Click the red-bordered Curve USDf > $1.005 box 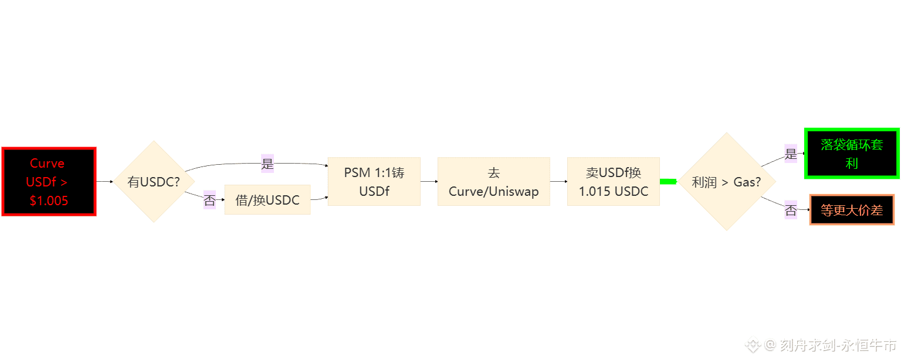[x=49, y=182]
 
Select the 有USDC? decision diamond [x=154, y=182]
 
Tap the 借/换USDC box [x=267, y=200]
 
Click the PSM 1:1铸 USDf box [x=374, y=182]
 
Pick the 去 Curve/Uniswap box [x=493, y=182]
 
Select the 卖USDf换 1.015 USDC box [x=613, y=182]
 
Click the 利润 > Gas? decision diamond [x=726, y=182]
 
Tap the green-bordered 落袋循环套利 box [x=852, y=154]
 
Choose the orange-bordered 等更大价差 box [x=852, y=210]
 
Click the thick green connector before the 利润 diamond [x=669, y=181]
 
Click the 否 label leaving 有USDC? [x=209, y=201]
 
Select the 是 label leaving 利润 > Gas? [x=791, y=154]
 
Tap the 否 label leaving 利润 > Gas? [x=791, y=210]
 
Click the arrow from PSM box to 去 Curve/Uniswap [x=429, y=181]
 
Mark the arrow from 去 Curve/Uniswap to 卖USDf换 [x=558, y=181]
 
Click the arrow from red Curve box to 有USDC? [x=104, y=182]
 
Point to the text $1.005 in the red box [x=49, y=201]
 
